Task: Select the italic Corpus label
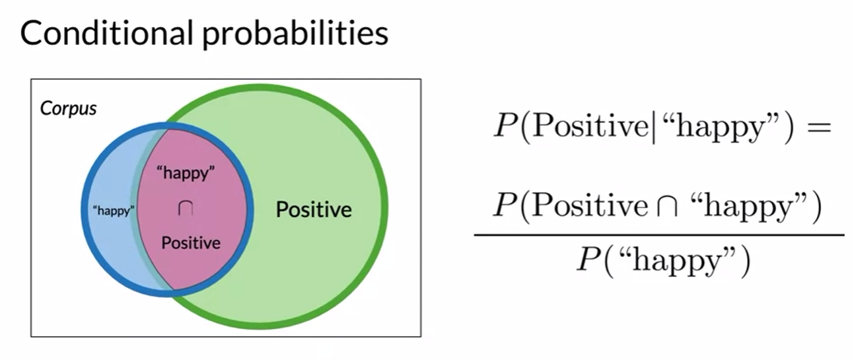coord(69,108)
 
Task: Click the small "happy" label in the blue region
coord(114,212)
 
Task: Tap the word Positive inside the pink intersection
coord(191,243)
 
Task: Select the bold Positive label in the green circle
coord(314,211)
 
